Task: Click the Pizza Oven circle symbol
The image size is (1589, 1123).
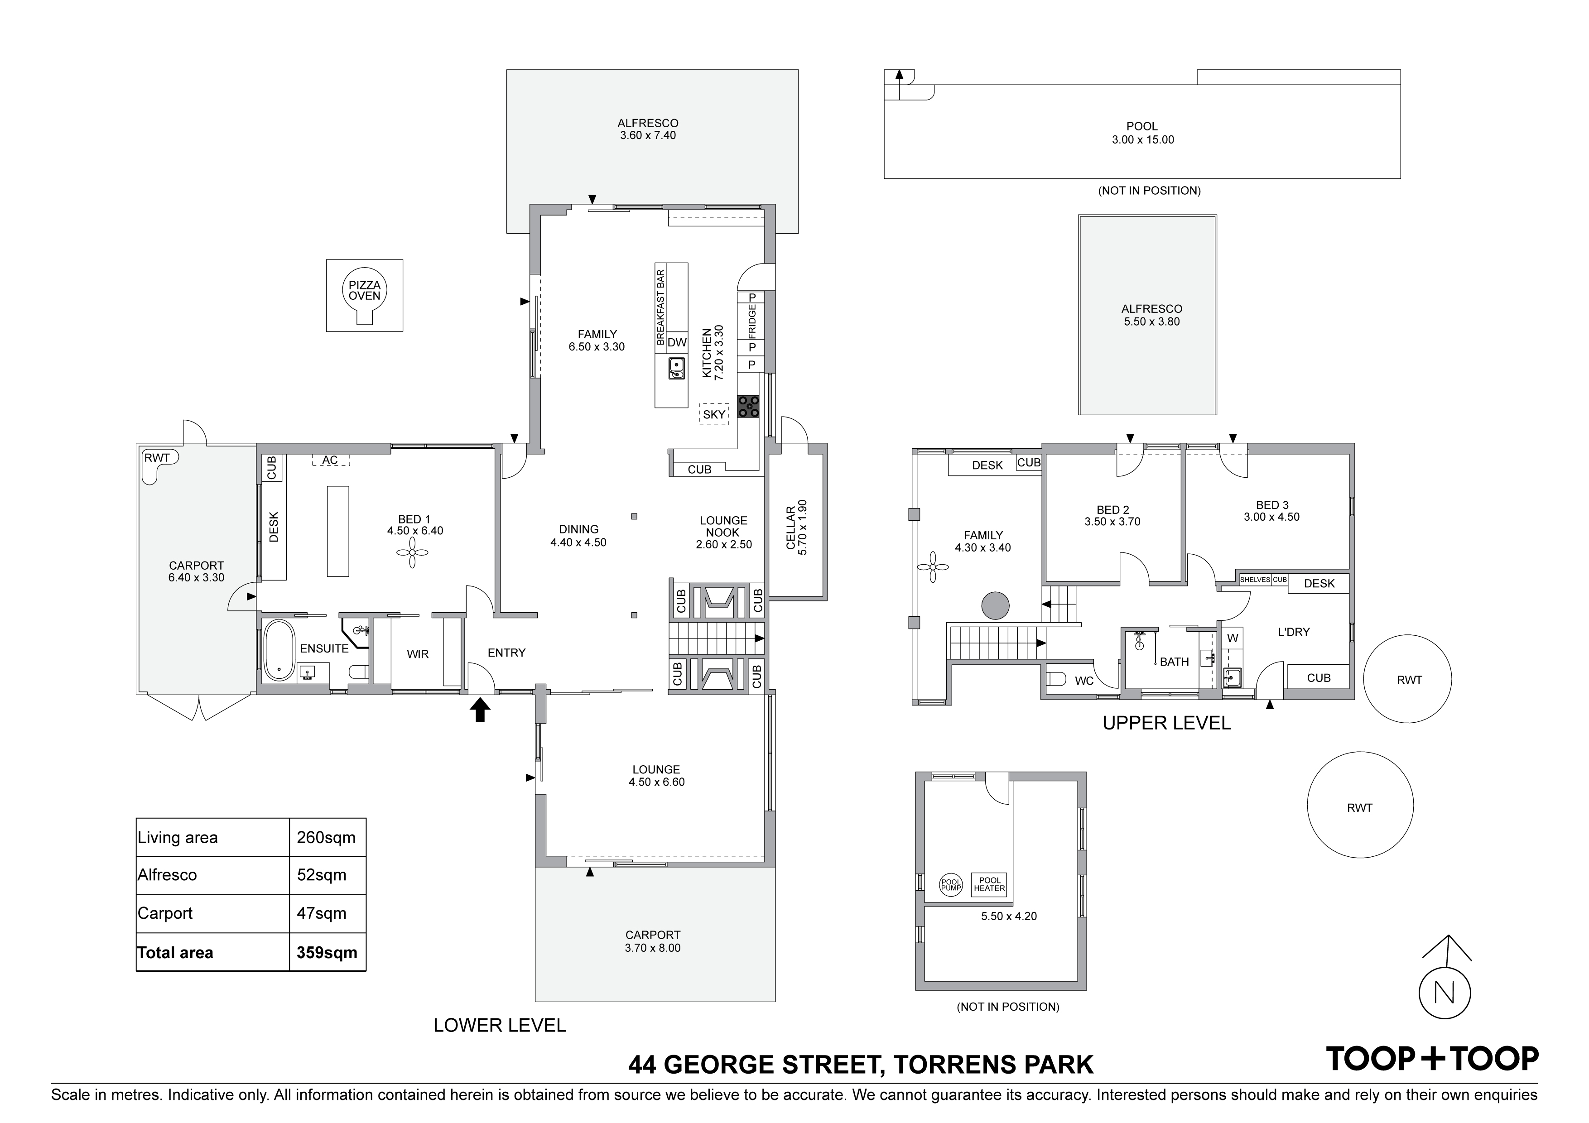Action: coord(364,291)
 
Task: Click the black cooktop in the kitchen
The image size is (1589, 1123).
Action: coord(748,406)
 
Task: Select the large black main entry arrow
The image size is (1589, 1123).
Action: coord(480,710)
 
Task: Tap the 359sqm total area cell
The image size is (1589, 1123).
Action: coord(327,952)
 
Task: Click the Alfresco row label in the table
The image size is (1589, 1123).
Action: coord(168,874)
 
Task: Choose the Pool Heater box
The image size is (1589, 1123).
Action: coord(989,884)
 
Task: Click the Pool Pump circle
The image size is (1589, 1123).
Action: coord(951,884)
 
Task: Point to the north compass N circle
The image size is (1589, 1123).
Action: coord(1445,993)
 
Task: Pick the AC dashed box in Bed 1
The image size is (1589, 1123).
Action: coord(330,460)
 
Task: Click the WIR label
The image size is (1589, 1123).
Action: coord(417,654)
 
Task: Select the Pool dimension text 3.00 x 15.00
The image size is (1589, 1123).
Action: coord(1143,139)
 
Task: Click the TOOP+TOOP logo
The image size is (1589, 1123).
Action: coord(1431,1059)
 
